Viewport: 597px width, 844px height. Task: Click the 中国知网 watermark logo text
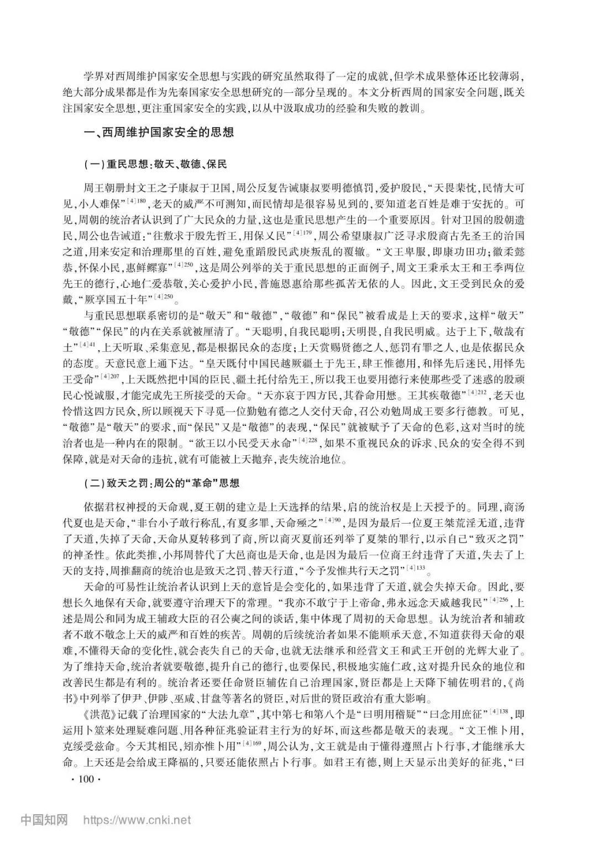pyautogui.click(x=44, y=820)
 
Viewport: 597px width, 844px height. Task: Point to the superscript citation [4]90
pyautogui.click(x=334, y=520)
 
